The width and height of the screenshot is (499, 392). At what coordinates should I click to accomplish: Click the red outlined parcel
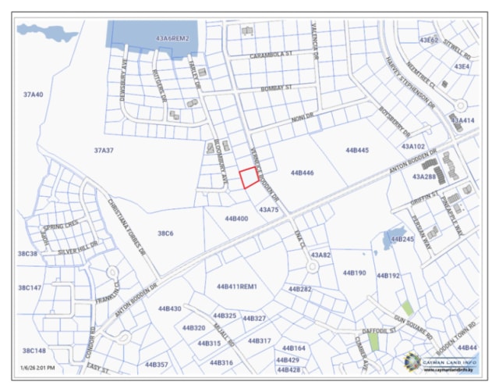pyautogui.click(x=249, y=178)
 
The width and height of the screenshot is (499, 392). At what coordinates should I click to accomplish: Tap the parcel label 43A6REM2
pyautogui.click(x=172, y=37)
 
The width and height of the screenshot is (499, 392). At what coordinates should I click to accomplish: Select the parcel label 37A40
pyautogui.click(x=33, y=94)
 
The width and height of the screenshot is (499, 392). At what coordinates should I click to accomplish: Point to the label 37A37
pyautogui.click(x=104, y=150)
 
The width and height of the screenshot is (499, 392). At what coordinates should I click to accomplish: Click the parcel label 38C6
pyautogui.click(x=165, y=233)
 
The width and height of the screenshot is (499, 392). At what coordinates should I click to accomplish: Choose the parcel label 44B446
pyautogui.click(x=302, y=173)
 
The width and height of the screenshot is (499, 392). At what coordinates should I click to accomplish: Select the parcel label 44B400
pyautogui.click(x=236, y=219)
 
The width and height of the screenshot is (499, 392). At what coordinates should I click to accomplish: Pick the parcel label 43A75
pyautogui.click(x=268, y=210)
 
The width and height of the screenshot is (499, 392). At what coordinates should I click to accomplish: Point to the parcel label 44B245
pyautogui.click(x=402, y=239)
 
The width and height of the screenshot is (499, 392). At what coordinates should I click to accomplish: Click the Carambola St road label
pyautogui.click(x=270, y=55)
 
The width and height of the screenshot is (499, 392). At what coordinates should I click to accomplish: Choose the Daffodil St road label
pyautogui.click(x=382, y=330)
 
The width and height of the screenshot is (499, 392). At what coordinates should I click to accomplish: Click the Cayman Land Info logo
pyautogui.click(x=441, y=362)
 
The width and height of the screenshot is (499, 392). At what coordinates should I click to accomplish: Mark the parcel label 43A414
pyautogui.click(x=462, y=120)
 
